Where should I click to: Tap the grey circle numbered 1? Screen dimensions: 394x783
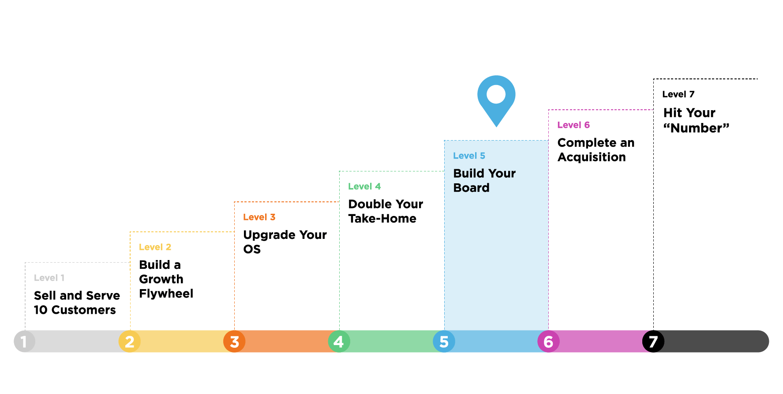pyautogui.click(x=24, y=342)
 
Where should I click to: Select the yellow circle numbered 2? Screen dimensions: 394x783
pyautogui.click(x=129, y=342)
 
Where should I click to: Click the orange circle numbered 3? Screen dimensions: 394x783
pyautogui.click(x=234, y=342)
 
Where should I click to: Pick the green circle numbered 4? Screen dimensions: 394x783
pyautogui.click(x=339, y=342)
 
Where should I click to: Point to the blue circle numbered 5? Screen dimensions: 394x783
pyautogui.click(x=444, y=342)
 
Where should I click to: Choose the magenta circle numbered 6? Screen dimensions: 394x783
pyautogui.click(x=548, y=342)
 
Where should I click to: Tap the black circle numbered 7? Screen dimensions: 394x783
pyautogui.click(x=653, y=342)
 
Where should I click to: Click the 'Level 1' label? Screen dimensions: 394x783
pyautogui.click(x=49, y=278)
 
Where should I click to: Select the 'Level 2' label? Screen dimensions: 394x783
pyautogui.click(x=155, y=247)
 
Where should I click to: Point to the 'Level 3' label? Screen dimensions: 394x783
pyautogui.click(x=259, y=217)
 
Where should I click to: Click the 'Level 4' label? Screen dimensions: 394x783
pyautogui.click(x=364, y=186)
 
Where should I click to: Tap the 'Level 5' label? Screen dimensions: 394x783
pyautogui.click(x=469, y=156)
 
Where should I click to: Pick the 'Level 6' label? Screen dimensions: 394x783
pyautogui.click(x=573, y=125)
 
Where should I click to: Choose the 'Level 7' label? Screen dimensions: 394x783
pyautogui.click(x=678, y=94)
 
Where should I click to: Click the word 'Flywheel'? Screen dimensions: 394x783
pyautogui.click(x=166, y=294)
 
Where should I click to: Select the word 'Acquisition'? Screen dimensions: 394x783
pyautogui.click(x=591, y=157)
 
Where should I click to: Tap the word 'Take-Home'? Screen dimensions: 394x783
pyautogui.click(x=382, y=219)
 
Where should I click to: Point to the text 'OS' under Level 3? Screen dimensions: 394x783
pyautogui.click(x=252, y=249)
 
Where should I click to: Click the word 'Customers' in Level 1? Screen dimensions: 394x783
pyautogui.click(x=83, y=310)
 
